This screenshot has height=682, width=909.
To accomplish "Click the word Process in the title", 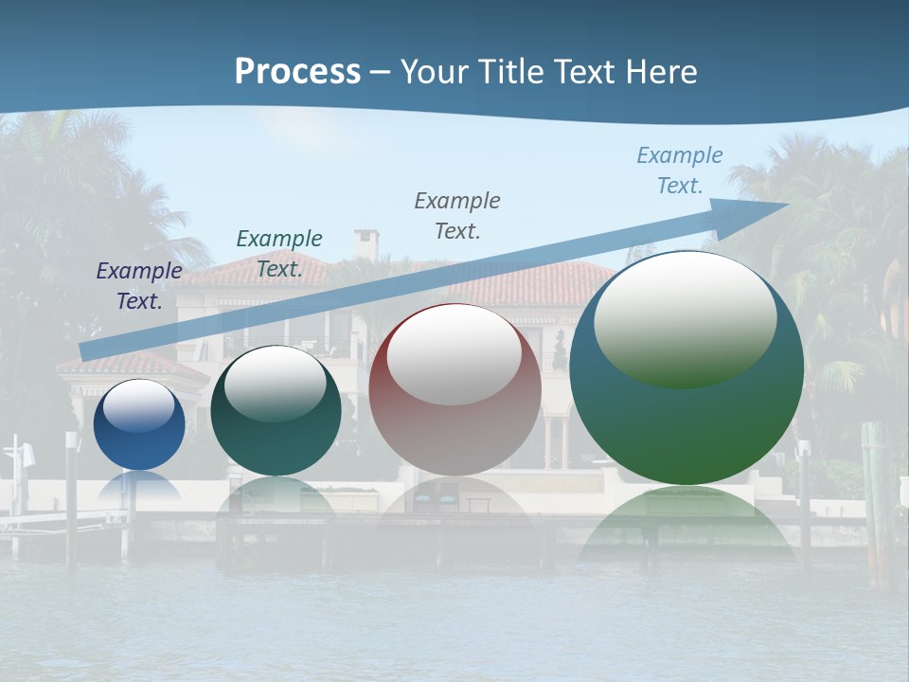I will point(297,72).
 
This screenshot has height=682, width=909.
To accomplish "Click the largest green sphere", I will point(686,426).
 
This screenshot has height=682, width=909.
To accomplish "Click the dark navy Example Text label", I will point(139,286).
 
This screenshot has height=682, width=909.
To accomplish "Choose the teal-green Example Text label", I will point(279,254).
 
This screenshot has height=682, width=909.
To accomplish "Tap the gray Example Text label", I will point(457,216).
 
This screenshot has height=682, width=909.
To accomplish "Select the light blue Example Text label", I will point(680,170).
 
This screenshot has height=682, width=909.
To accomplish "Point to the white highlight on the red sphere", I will point(454,355).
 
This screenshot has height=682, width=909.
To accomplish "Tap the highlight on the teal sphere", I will point(276,384).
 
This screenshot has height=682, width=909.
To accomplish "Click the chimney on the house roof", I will point(365,243).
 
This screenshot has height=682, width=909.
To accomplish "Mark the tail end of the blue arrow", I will point(85,351).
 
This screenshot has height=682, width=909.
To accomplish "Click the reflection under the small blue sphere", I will point(139,488).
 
